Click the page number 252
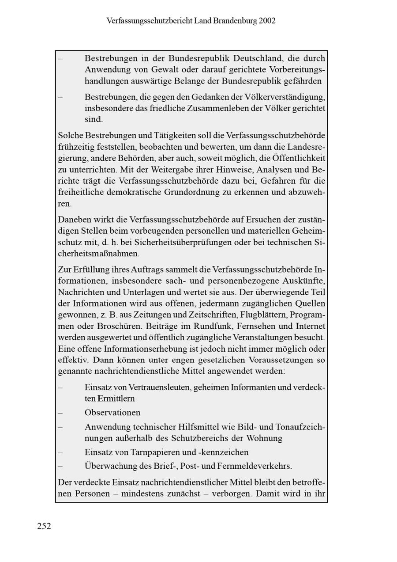(x=44, y=526)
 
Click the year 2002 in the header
(x=268, y=20)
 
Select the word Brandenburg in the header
(x=236, y=20)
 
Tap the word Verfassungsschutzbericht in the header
(x=149, y=20)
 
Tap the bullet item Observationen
(x=112, y=413)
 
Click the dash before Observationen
(x=60, y=413)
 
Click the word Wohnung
(x=266, y=438)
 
